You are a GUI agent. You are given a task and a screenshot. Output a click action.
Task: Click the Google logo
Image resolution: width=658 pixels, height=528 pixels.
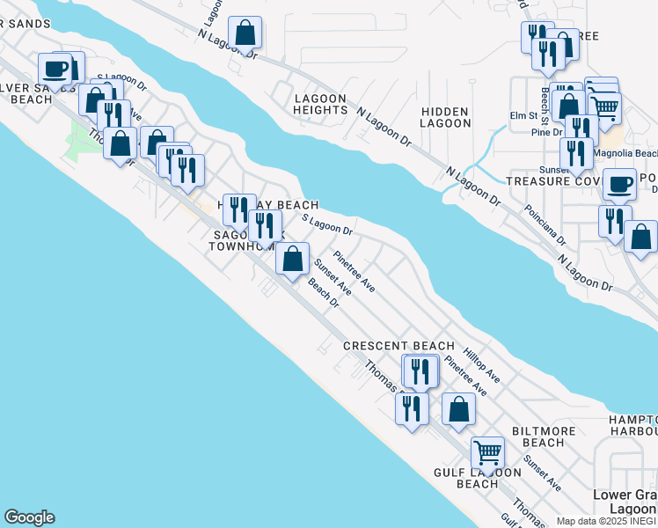point(29,517)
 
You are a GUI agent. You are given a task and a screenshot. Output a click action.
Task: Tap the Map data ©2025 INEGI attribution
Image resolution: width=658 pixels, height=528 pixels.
point(606,521)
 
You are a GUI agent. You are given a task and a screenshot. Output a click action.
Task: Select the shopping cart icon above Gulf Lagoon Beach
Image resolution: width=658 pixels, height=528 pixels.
point(487,452)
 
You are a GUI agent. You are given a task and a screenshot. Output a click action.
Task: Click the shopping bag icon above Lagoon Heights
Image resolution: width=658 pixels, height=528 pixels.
point(247,33)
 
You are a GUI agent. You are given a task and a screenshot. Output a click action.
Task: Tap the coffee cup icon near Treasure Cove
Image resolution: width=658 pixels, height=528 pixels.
point(620,184)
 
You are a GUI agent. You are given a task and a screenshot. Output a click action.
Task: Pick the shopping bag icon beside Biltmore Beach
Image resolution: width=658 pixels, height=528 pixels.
point(458,408)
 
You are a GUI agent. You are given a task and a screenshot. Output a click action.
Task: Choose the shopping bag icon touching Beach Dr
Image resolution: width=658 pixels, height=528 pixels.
point(293,259)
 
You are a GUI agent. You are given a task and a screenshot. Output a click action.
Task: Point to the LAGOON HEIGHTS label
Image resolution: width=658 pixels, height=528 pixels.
point(320,104)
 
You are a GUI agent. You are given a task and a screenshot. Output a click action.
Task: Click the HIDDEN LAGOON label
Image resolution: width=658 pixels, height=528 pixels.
point(446,117)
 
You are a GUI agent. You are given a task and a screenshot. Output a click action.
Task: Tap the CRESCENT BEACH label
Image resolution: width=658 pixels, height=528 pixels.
point(398,346)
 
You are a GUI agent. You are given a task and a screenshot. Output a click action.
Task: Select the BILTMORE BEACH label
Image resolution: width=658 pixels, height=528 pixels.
point(537,436)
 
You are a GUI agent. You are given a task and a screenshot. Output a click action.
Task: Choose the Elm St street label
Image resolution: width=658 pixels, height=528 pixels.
point(523,116)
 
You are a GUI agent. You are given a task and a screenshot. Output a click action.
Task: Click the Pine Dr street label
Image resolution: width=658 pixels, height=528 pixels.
point(546,132)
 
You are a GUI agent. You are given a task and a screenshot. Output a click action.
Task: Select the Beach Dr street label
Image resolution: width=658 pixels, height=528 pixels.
point(324,293)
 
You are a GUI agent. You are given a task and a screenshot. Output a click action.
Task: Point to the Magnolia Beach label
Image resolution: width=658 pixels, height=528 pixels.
point(625,153)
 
